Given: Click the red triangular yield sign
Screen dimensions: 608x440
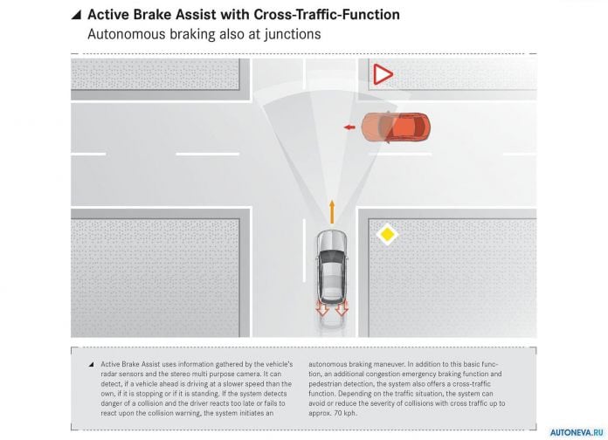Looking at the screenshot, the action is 382,74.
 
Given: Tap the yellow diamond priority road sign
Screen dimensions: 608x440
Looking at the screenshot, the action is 387,234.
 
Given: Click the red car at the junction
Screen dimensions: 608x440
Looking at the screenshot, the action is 396,127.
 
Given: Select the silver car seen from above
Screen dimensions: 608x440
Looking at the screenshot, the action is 332,266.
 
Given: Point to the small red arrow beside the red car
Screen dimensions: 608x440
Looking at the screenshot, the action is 349,127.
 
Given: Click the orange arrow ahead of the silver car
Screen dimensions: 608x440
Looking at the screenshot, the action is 332,211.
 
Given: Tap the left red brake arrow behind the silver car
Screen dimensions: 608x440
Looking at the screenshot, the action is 322,307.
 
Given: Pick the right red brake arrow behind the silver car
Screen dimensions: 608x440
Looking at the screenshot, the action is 342,307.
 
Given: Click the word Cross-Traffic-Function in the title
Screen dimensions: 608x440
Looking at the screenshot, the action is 327,15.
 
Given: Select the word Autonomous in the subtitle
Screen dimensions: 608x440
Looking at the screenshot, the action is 127,34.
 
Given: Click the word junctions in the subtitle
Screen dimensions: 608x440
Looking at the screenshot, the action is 293,35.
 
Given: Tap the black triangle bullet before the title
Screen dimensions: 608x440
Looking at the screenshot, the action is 76,15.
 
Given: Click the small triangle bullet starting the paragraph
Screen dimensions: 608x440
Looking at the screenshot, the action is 91,364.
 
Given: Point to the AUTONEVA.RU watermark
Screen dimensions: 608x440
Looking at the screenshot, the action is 577,433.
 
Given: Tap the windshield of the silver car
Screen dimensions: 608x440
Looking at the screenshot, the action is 332,257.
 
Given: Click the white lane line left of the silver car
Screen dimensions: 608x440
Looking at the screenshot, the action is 304,251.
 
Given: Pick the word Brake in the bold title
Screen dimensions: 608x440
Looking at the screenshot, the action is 153,15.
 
